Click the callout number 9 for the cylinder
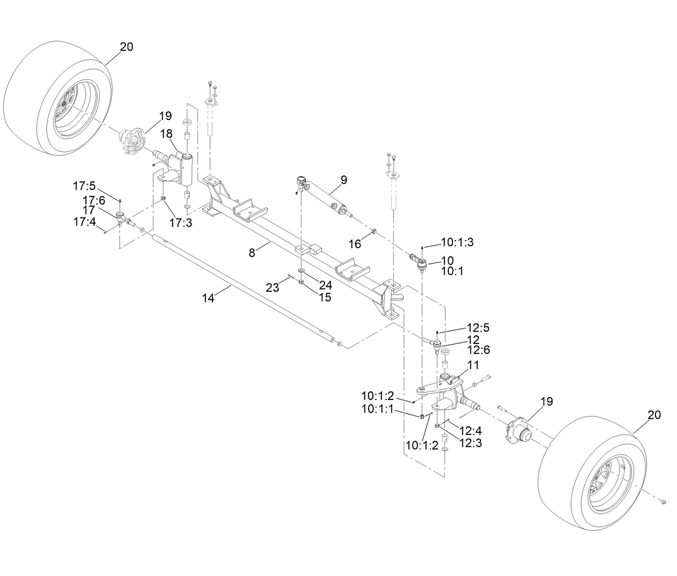(344, 180)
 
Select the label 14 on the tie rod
(208, 298)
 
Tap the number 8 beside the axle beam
(252, 252)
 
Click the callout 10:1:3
(457, 242)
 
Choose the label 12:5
(478, 327)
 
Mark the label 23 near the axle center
(272, 287)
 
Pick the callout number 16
(354, 244)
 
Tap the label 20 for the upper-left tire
(126, 47)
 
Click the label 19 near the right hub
(546, 402)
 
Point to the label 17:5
(84, 186)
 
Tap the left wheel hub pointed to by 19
(131, 142)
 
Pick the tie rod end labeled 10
(420, 263)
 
